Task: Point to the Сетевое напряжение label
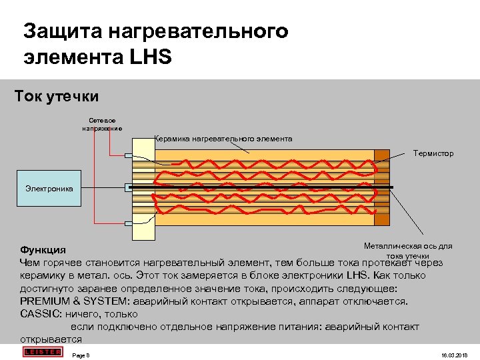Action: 97,124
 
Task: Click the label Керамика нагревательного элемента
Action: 223,139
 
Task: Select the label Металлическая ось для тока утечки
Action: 407,250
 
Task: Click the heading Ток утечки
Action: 57,97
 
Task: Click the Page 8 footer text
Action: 81,354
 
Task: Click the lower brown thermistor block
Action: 381,217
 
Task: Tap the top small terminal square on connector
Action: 129,156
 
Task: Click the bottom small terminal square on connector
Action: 129,219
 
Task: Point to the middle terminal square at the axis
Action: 129,188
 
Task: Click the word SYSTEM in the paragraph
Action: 110,301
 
